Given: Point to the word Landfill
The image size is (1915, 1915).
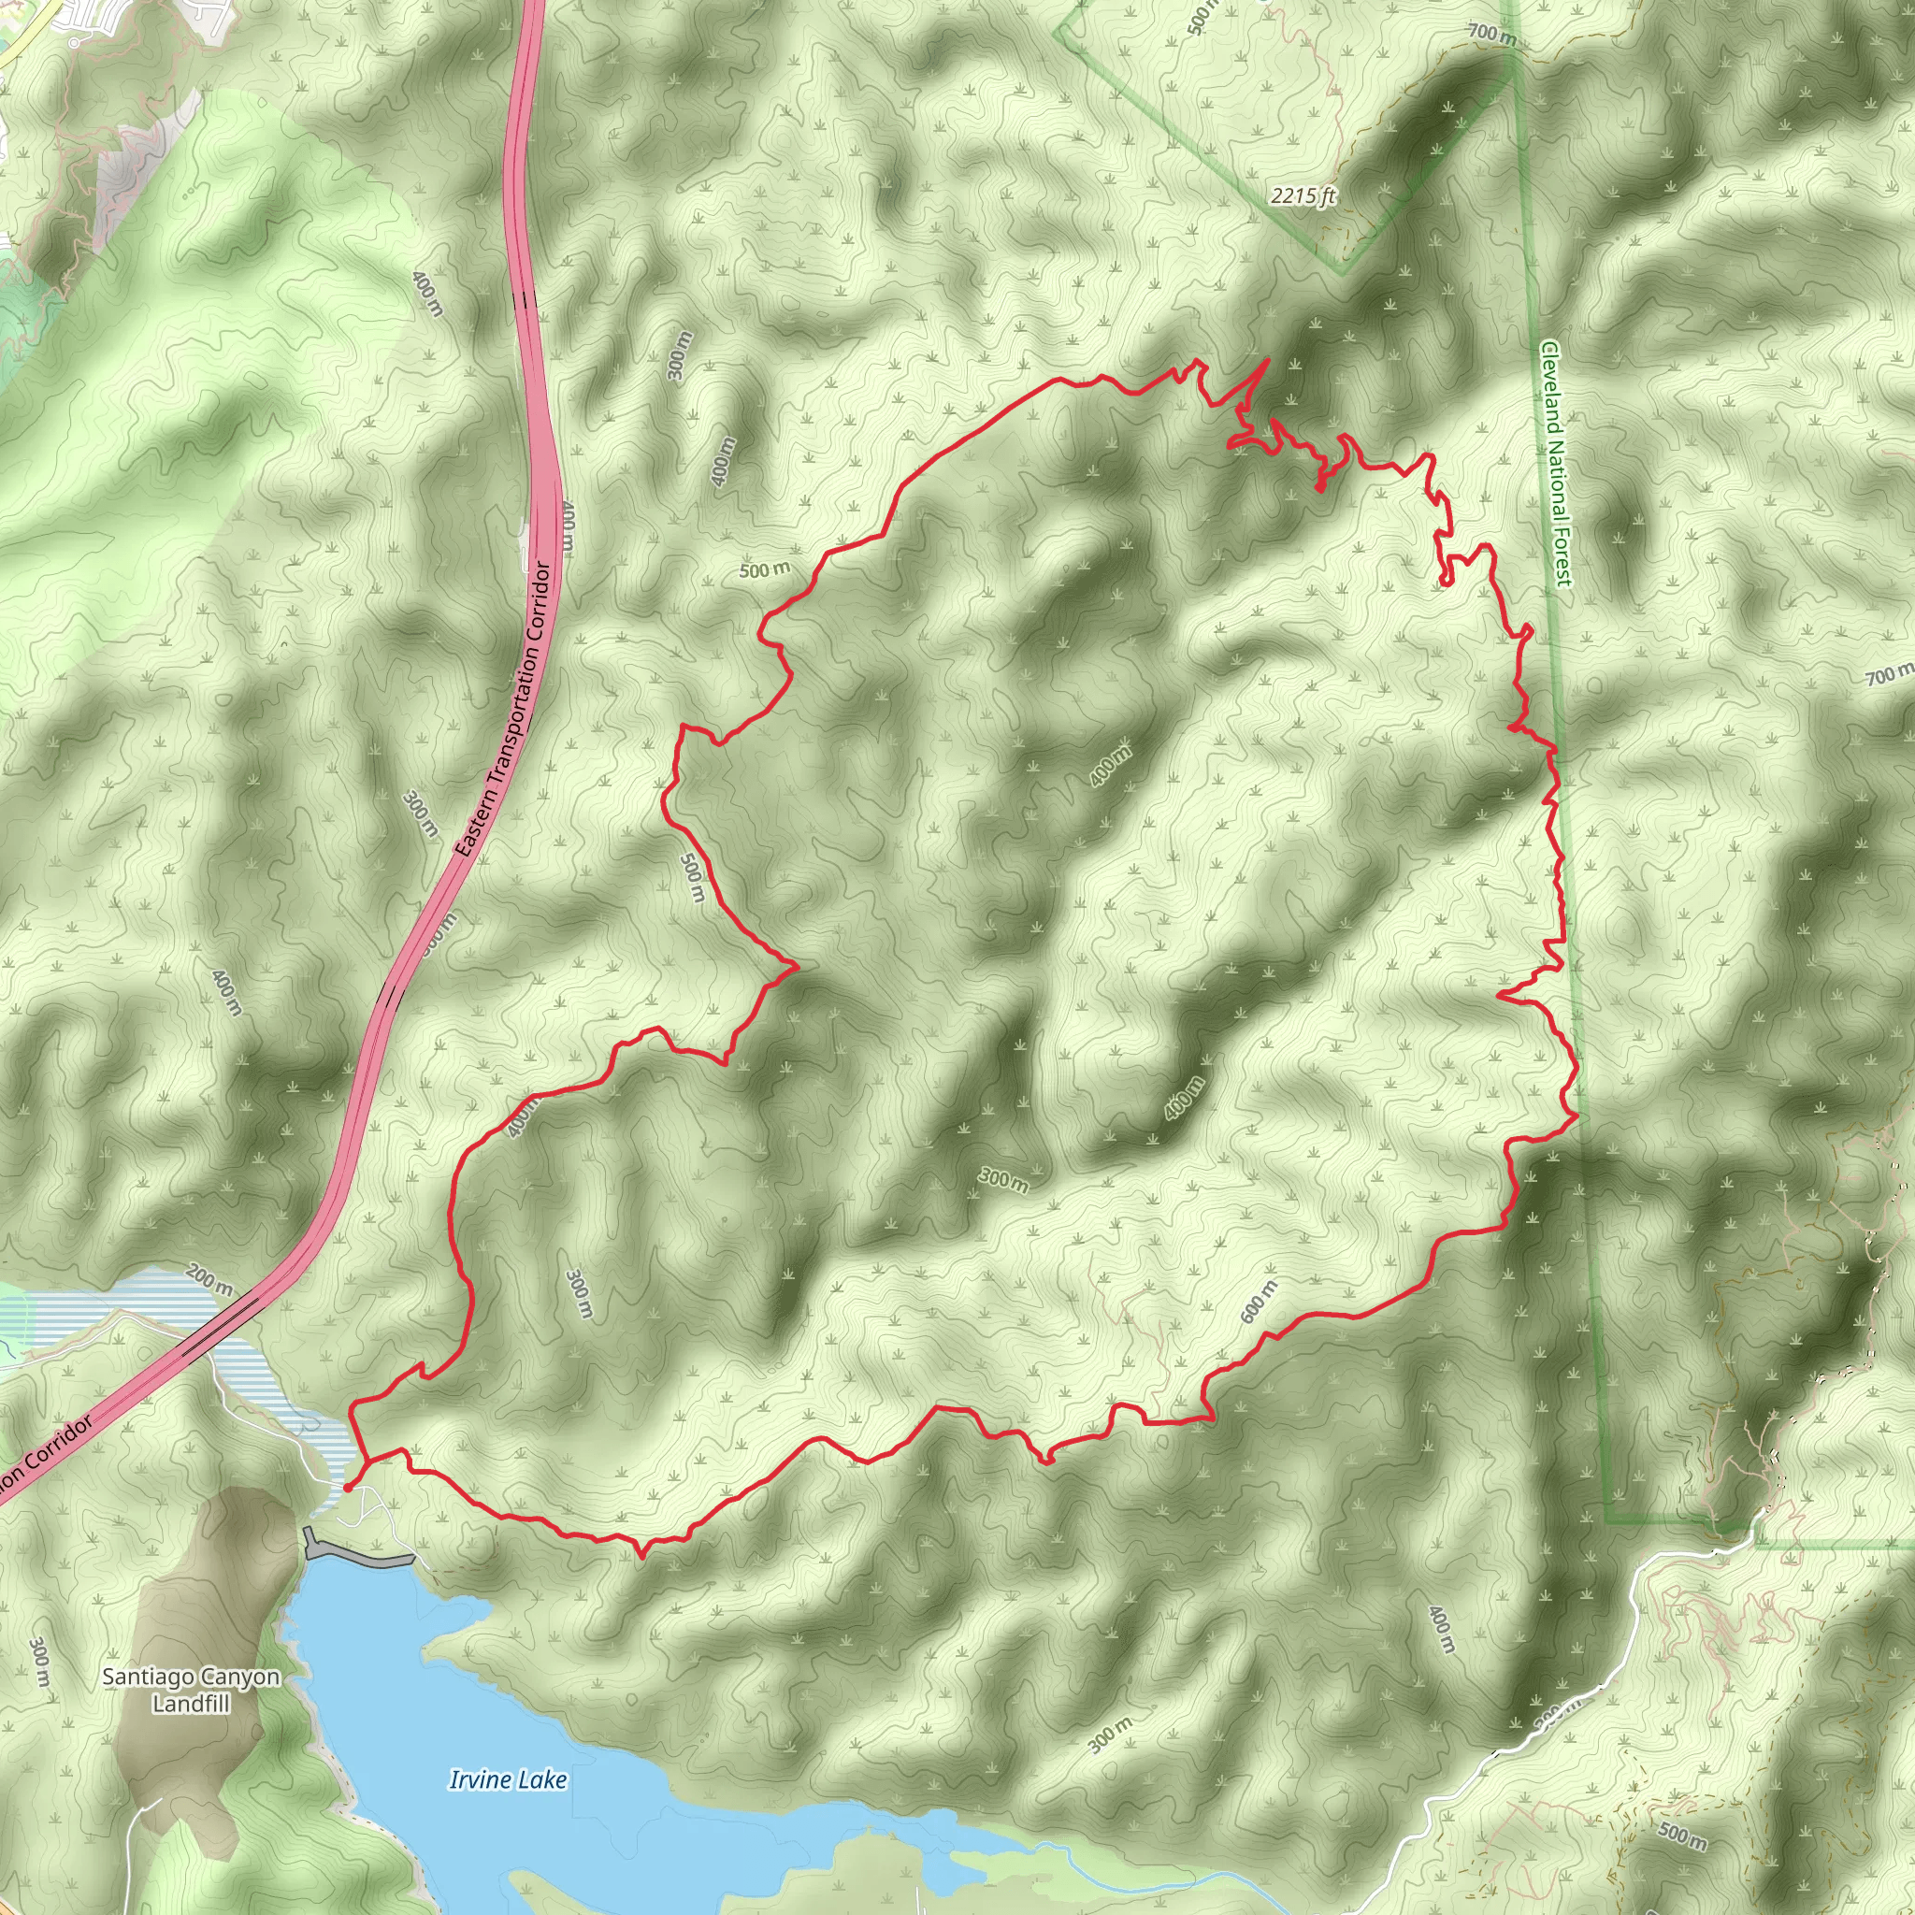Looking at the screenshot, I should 192,1704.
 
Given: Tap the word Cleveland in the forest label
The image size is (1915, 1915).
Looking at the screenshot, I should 1549,386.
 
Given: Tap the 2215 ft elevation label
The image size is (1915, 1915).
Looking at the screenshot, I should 1303,196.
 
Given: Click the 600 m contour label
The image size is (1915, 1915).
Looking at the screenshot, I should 1259,1301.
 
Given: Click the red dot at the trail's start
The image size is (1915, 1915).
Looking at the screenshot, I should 347,1487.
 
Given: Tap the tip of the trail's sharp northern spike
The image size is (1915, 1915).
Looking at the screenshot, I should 1269,360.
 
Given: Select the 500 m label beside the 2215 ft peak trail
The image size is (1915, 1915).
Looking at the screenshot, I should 1201,14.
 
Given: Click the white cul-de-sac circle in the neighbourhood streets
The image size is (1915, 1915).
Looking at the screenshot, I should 75,43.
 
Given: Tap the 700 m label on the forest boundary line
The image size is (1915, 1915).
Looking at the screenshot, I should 1491,34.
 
